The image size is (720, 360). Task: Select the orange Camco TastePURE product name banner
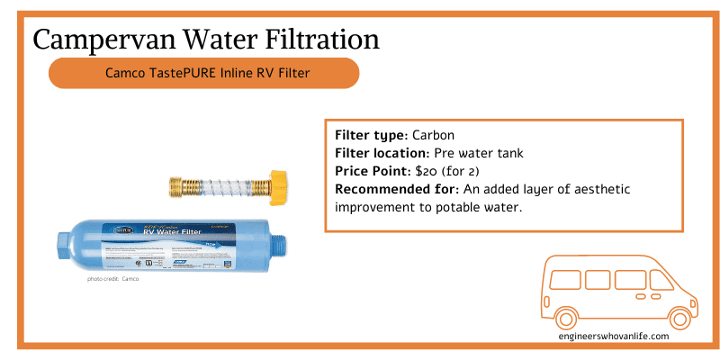pyautogui.click(x=203, y=73)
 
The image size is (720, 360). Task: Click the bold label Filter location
pyautogui.click(x=384, y=153)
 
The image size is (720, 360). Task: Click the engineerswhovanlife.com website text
pyautogui.click(x=613, y=337)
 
